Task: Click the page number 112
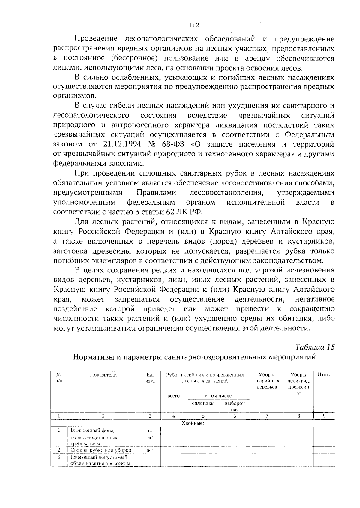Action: click(194, 25)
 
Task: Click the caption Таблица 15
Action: click(315, 347)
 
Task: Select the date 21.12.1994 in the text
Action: click(122, 144)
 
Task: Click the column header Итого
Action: click(324, 375)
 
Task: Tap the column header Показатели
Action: click(103, 375)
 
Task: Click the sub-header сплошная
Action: click(203, 404)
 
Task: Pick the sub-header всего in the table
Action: click(173, 396)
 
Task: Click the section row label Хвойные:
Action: click(193, 423)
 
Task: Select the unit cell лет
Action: click(150, 450)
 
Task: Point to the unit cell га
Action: click(150, 430)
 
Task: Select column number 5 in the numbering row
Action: click(203, 416)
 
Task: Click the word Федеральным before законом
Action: click(309, 135)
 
